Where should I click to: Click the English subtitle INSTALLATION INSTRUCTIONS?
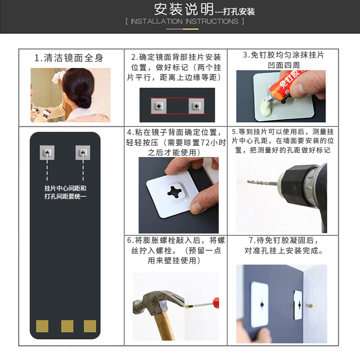pyautogui.click(x=184, y=21)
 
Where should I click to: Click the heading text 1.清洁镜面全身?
pyautogui.click(x=69, y=58)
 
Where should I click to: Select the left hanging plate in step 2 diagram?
pyautogui.click(x=158, y=106)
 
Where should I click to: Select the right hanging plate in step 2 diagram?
pyautogui.click(x=196, y=106)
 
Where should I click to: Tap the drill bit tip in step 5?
pyautogui.click(x=248, y=182)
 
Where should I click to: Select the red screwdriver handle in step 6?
pyautogui.click(x=216, y=302)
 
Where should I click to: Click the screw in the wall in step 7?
pyautogui.click(x=310, y=306)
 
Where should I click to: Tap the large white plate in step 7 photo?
pyautogui.click(x=260, y=304)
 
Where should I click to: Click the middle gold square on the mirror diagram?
pyautogui.click(x=67, y=326)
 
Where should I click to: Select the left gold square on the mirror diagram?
pyautogui.click(x=42, y=326)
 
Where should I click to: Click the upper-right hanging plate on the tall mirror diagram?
pyautogui.click(x=83, y=153)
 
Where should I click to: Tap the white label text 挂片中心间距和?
pyautogui.click(x=65, y=188)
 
